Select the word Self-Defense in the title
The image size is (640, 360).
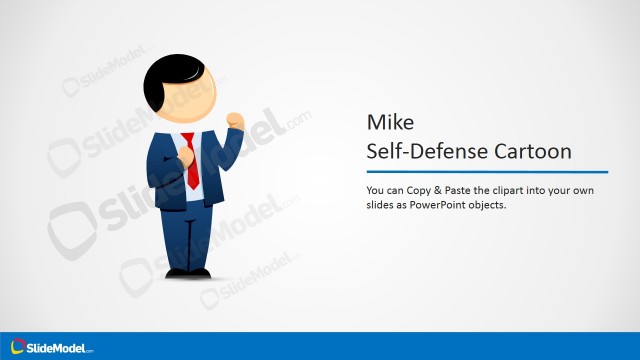point(424,152)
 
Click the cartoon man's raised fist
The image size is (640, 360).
point(235,120)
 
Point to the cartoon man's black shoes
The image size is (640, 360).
point(187,272)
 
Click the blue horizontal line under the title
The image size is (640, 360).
point(487,172)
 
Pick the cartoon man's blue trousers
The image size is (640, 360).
point(187,235)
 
